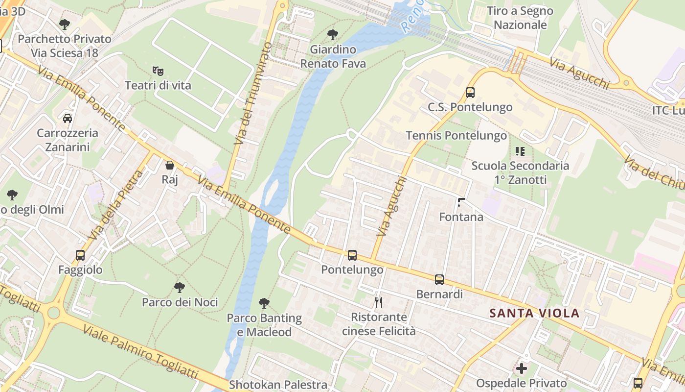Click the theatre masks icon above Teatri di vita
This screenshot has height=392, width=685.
158,71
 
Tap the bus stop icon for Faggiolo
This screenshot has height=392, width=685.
80,255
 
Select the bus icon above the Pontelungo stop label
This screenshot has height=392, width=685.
352,255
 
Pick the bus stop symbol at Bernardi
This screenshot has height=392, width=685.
439,280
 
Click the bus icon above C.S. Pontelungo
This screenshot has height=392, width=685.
470,93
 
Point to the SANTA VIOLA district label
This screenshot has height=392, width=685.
535,313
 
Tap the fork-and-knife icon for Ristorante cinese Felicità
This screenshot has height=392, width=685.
378,302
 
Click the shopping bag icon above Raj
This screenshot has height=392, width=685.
170,165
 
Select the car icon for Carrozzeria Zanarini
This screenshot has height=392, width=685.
68,118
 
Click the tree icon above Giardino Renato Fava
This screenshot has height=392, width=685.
333,35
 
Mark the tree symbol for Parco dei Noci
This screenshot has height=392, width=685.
180,288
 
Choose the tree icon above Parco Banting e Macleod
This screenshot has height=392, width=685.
264,303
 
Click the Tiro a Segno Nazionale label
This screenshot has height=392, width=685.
520,18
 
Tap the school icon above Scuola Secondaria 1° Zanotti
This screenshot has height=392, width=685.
520,151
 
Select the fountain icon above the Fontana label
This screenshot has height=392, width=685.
461,202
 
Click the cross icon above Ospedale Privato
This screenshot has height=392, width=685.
522,368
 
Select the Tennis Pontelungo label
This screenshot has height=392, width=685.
456,136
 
